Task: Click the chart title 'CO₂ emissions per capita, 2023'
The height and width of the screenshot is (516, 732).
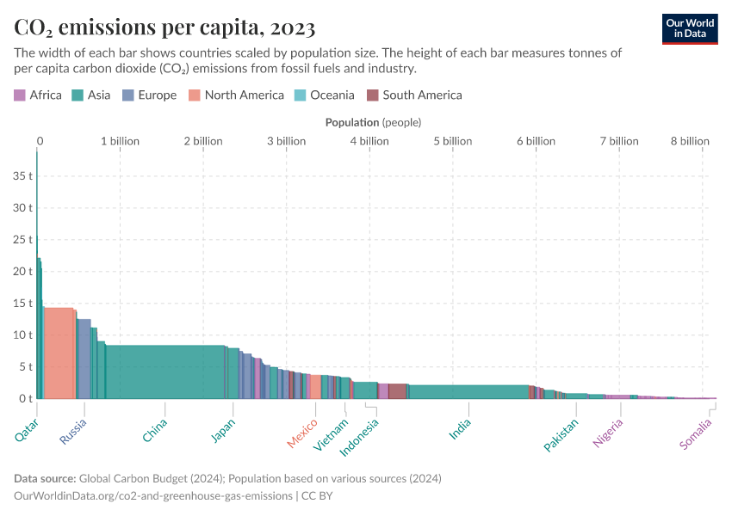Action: (x=164, y=29)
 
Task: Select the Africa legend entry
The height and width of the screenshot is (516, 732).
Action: (x=38, y=95)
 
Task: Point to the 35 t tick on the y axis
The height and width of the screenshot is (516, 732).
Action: (x=22, y=176)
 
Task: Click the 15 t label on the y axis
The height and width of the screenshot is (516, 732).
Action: (x=22, y=304)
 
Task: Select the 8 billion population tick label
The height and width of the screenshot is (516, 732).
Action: (x=689, y=141)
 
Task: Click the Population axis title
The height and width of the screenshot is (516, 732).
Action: (x=373, y=123)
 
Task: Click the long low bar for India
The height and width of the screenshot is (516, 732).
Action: (x=468, y=391)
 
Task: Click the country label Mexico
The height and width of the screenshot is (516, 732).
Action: (x=302, y=433)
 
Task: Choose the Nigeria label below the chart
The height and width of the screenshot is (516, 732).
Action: (x=607, y=433)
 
